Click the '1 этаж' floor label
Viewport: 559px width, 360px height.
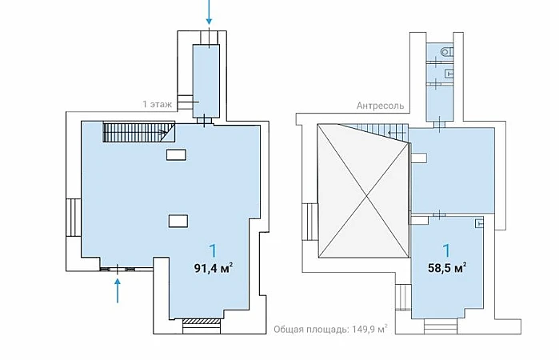point(158,104)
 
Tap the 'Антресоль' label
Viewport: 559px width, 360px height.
point(381,106)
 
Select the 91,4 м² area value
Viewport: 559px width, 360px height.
point(214,268)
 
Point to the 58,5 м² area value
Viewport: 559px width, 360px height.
point(447,267)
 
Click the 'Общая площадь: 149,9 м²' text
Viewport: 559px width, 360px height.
point(330,329)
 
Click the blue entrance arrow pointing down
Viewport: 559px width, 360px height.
point(209,12)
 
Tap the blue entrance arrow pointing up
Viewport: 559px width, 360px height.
point(118,290)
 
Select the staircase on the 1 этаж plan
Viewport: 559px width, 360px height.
point(139,132)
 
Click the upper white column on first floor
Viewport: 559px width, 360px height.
point(176,155)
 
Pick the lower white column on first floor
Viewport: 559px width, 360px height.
point(178,221)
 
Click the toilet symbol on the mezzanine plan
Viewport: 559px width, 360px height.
point(447,52)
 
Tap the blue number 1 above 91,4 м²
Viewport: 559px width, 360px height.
point(214,251)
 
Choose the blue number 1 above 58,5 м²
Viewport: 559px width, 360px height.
point(447,251)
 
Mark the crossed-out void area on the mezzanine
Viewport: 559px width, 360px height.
point(363,190)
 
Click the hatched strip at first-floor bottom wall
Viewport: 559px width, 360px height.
point(201,321)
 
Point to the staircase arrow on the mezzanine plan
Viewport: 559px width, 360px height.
point(397,133)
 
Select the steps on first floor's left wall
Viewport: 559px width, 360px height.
point(74,218)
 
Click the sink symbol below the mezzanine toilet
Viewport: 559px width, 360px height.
point(449,74)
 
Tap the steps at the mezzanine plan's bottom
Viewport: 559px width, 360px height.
point(440,326)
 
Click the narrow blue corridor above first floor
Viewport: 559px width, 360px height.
point(206,81)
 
